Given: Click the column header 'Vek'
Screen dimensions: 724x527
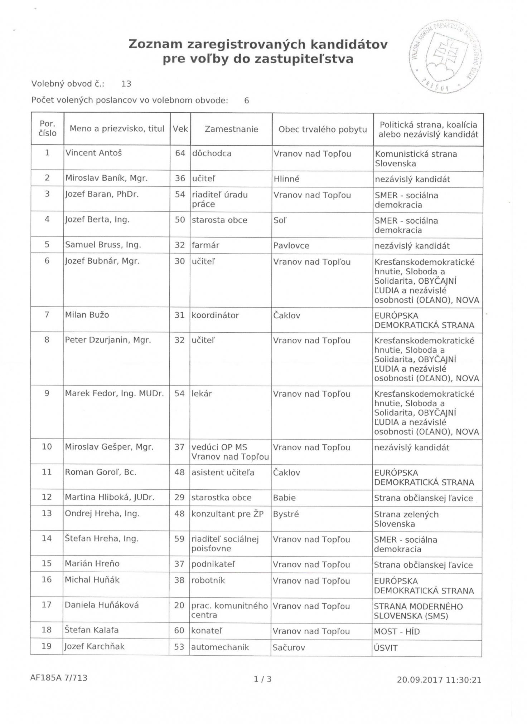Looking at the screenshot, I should (180, 129).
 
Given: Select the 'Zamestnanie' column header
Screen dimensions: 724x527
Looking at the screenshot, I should (231, 129).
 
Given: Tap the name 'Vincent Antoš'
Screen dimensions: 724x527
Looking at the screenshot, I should (93, 153).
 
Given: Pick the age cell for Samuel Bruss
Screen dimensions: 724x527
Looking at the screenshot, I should (180, 245).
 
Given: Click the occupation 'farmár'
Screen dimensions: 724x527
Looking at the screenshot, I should (206, 245).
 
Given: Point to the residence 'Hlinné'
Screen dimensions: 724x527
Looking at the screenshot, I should (286, 179).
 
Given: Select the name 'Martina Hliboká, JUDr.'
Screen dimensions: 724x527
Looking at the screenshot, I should (110, 497).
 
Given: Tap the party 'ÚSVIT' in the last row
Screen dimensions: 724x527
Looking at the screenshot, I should (386, 648).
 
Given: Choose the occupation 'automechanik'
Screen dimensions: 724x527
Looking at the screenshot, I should (220, 647).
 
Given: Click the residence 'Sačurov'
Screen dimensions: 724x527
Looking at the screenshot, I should (289, 647).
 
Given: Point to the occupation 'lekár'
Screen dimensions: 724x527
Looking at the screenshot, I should (202, 393).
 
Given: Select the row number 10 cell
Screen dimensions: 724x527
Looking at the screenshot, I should (47, 446).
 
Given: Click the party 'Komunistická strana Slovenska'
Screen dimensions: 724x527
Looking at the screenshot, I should (416, 158).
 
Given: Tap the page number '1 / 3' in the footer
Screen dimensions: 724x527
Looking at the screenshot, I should (263, 679).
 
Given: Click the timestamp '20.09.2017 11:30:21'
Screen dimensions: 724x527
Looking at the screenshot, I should (439, 680).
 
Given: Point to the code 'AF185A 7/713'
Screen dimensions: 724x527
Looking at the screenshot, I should (59, 677).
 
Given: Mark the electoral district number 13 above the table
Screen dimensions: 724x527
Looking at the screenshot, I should (126, 84).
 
